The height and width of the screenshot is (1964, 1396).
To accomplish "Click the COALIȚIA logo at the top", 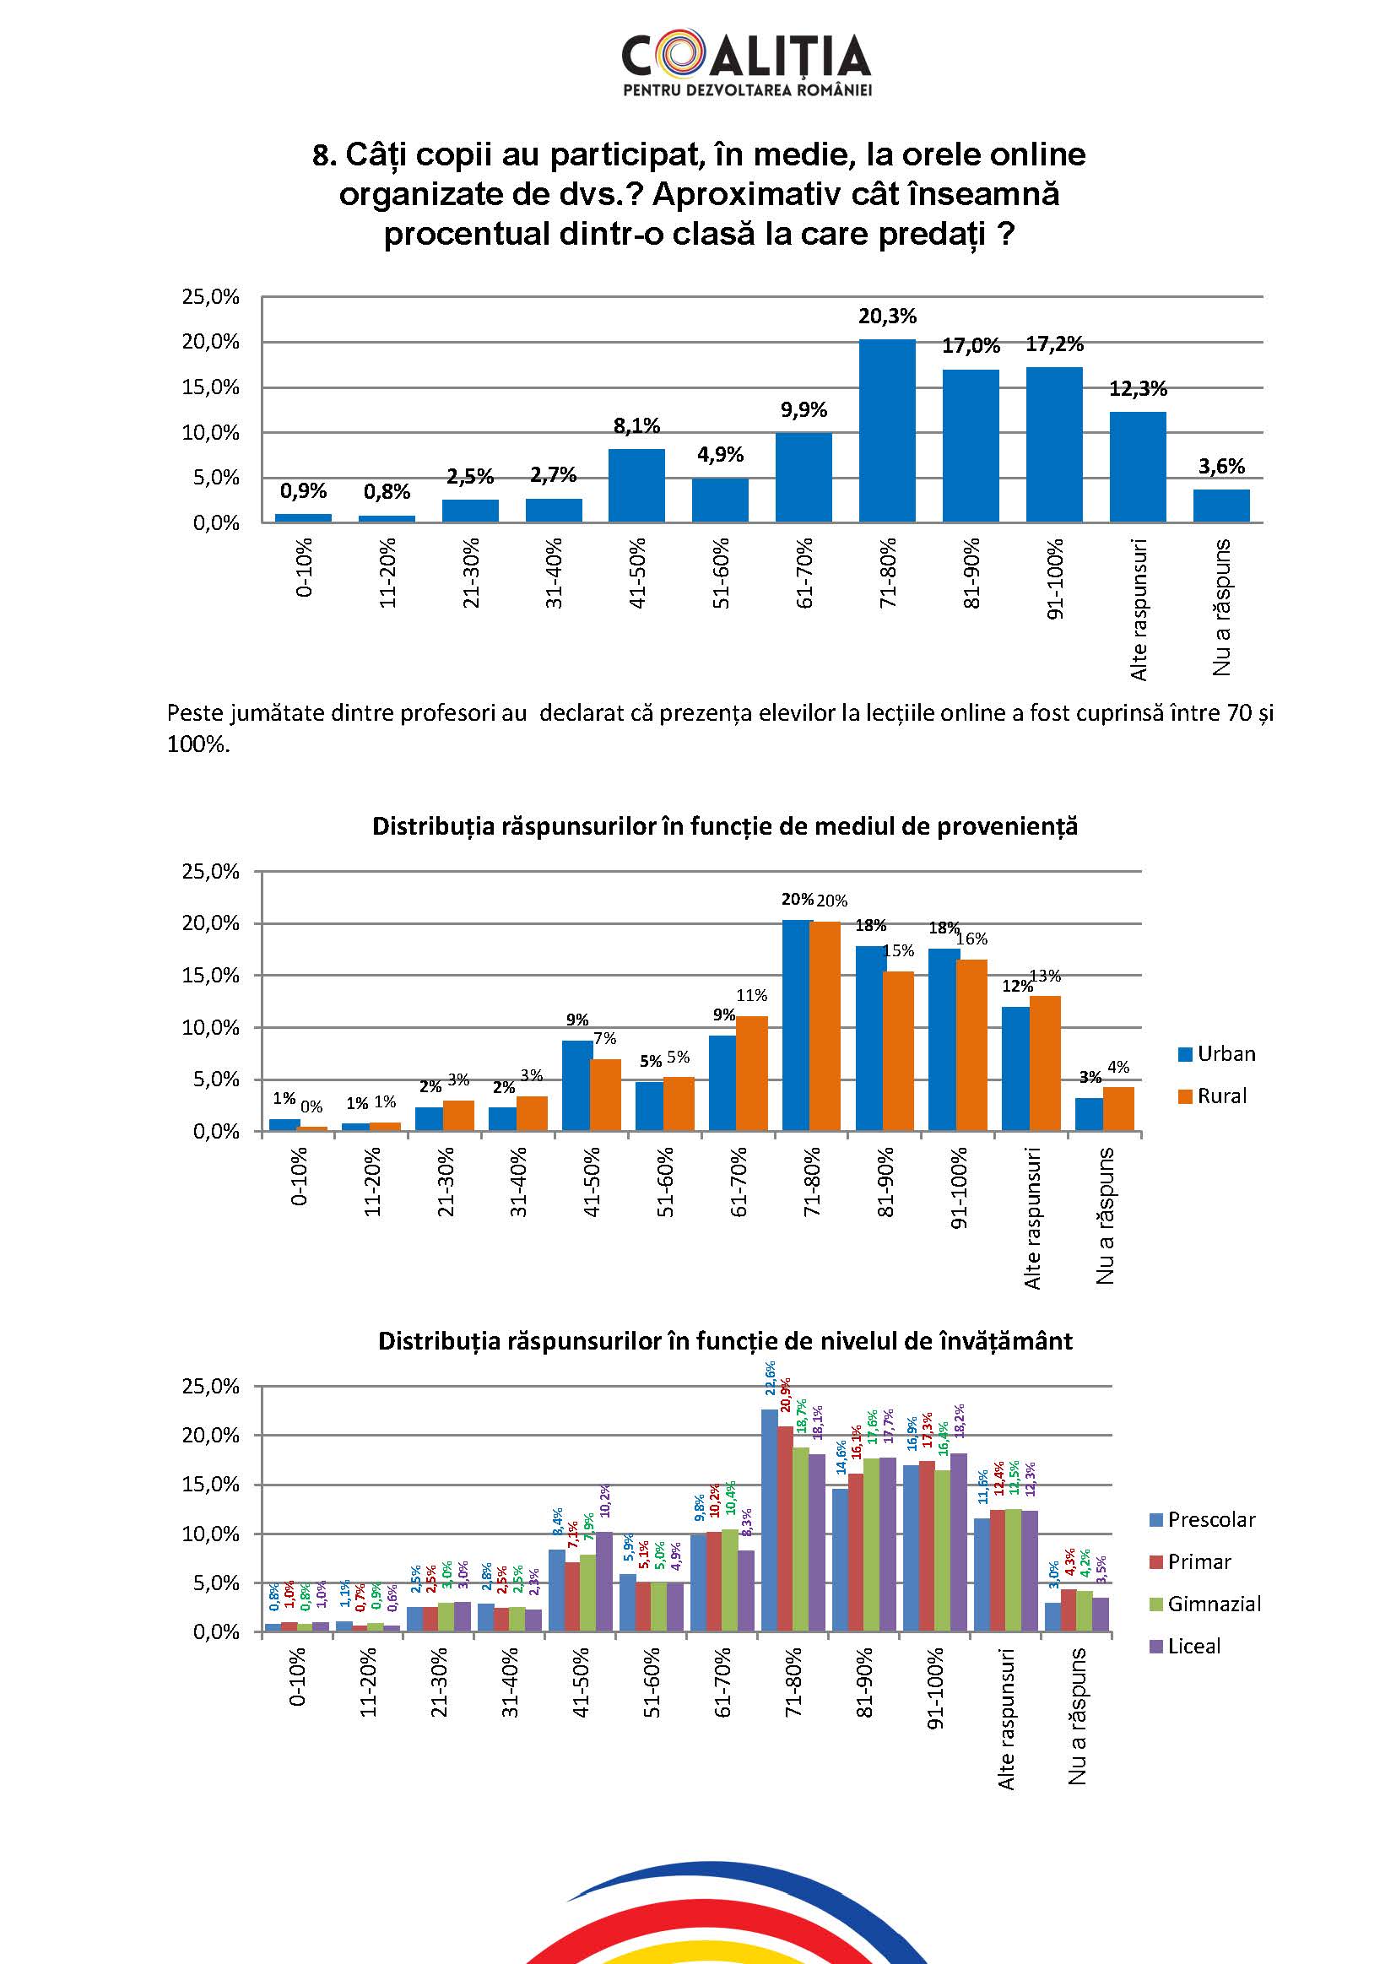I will pos(746,64).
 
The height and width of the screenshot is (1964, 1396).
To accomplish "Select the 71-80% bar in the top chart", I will pos(887,430).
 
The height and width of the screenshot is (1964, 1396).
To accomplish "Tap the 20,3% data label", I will pos(887,317).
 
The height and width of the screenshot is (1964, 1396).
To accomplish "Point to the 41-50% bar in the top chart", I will pos(637,485).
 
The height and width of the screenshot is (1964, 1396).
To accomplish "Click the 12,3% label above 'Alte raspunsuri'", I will pos(1138,389).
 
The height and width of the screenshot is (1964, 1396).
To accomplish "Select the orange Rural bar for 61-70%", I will pos(752,1074).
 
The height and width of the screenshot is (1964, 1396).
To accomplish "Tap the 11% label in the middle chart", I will pos(752,995).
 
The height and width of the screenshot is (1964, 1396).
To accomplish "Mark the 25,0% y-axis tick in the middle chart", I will pos(210,872).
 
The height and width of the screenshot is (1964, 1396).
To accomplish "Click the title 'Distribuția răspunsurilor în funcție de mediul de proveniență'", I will pos(725,827).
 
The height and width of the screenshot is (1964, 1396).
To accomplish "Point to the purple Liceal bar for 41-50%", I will pos(604,1583).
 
